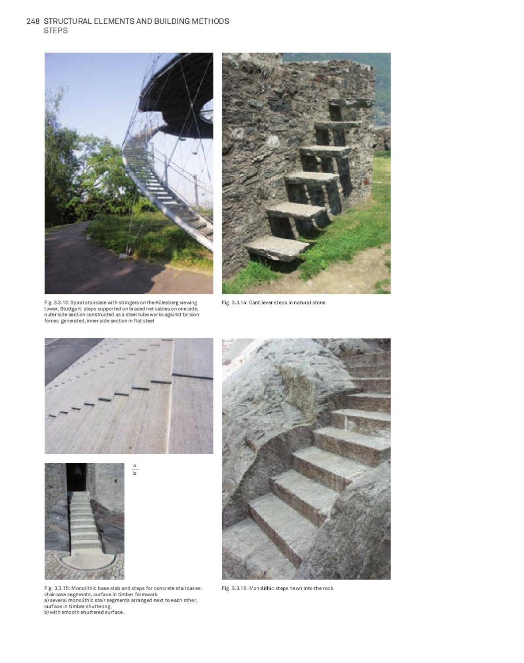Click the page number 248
click(x=33, y=21)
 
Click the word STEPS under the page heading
click(x=56, y=30)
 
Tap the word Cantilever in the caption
click(x=261, y=303)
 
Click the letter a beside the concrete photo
click(x=135, y=466)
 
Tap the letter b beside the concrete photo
click(x=135, y=473)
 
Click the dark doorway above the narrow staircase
click(x=76, y=477)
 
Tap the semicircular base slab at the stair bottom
click(x=87, y=560)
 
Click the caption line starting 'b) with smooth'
click(x=84, y=612)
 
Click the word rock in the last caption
click(x=328, y=588)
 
